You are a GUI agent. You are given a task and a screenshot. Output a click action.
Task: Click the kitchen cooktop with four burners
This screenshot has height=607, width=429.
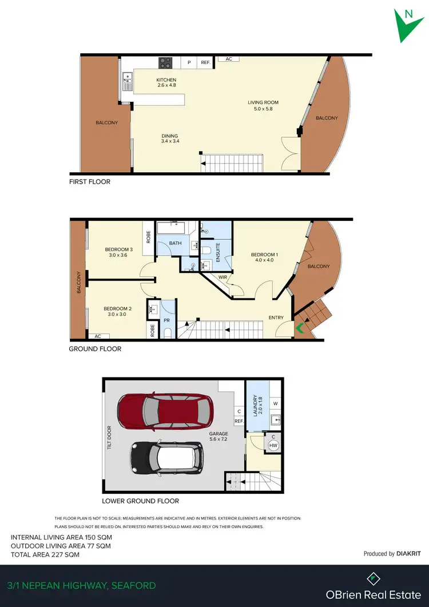click(166, 63)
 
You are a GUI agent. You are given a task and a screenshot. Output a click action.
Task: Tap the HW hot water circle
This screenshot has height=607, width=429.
click(273, 446)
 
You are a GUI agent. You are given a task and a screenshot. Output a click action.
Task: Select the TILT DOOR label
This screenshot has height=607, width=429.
click(108, 436)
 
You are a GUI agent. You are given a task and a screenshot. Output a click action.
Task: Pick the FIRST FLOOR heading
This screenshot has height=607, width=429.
click(90, 181)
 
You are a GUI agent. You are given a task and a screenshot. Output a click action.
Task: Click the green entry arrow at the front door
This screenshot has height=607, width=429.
click(299, 328)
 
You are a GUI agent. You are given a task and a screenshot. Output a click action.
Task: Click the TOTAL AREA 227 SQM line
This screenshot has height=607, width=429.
click(45, 554)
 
